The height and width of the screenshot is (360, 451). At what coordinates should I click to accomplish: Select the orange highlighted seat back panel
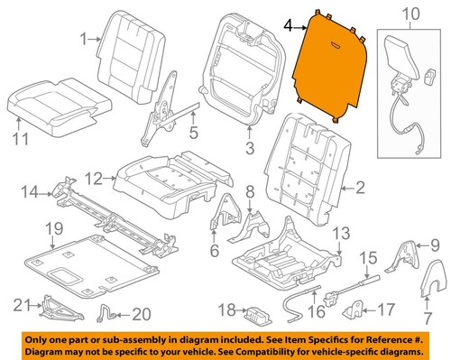tap(332, 68)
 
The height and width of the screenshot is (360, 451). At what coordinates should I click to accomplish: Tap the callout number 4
tap(288, 27)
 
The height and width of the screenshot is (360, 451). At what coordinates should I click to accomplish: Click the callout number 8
tap(252, 191)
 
